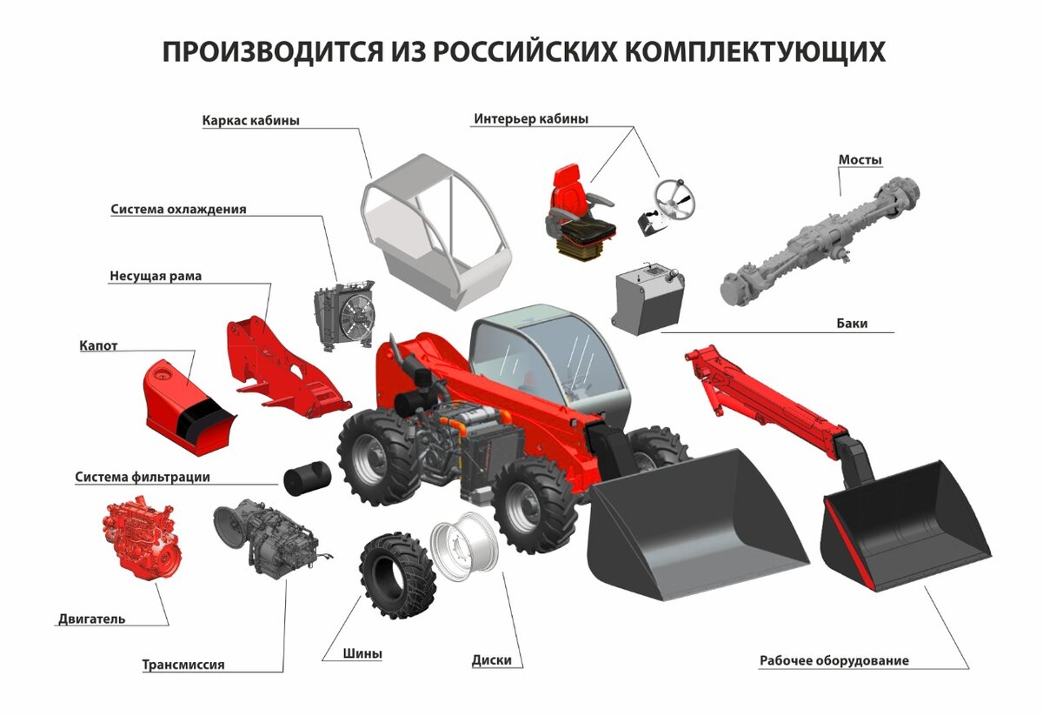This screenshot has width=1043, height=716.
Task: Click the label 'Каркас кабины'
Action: click(250, 121)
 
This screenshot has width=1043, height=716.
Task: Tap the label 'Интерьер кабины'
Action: click(530, 118)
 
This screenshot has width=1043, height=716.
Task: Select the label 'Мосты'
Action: click(860, 160)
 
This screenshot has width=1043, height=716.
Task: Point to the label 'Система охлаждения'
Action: click(178, 210)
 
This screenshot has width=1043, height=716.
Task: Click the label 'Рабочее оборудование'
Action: click(834, 660)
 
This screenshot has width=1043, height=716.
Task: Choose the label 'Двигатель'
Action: click(91, 619)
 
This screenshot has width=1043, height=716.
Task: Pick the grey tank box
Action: click(647, 300)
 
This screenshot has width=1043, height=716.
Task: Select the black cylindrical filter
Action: click(306, 478)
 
